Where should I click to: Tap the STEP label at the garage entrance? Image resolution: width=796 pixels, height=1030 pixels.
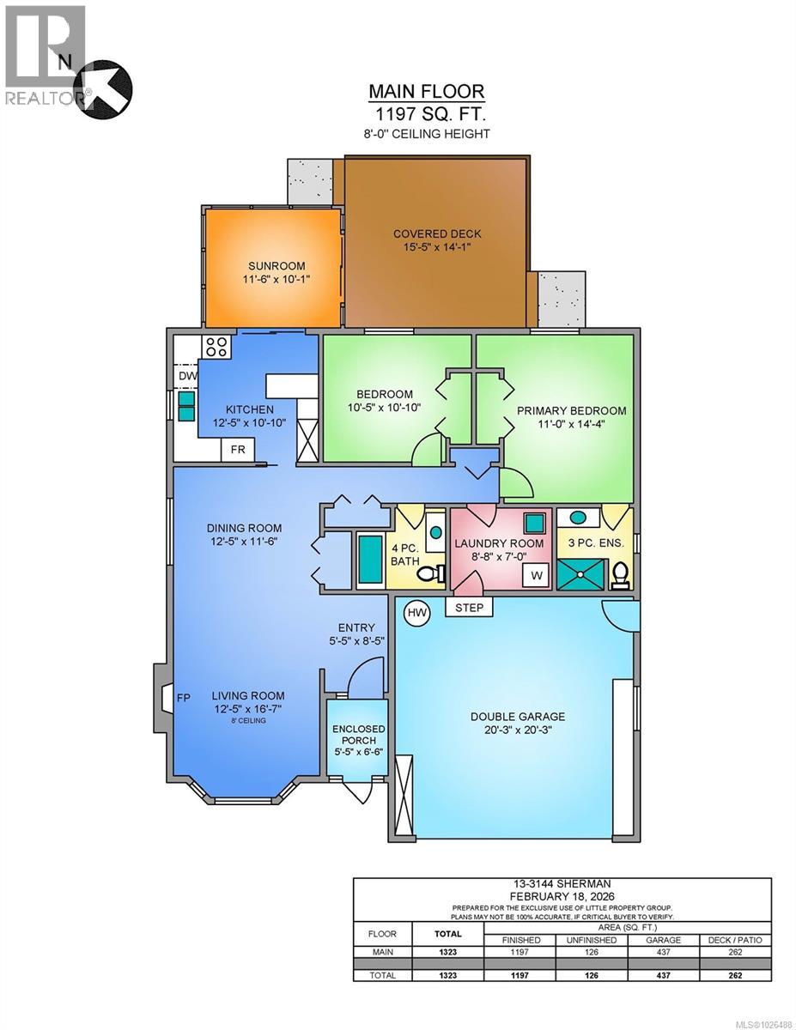click(x=469, y=608)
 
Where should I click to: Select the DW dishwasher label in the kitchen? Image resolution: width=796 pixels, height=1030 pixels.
click(x=188, y=376)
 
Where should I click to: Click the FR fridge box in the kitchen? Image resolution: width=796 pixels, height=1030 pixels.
click(x=238, y=449)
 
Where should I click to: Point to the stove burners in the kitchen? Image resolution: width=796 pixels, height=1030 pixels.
click(x=216, y=347)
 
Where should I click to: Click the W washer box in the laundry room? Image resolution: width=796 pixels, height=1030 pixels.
click(x=536, y=575)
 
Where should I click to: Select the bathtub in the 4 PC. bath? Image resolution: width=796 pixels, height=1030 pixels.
click(x=370, y=560)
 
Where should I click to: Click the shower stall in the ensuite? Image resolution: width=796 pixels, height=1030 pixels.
click(x=580, y=574)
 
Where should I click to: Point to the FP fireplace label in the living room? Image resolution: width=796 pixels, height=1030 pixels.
click(x=184, y=698)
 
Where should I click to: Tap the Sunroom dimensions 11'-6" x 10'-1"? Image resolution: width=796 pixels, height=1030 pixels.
click(x=276, y=279)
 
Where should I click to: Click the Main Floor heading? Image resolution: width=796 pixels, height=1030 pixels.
click(x=427, y=91)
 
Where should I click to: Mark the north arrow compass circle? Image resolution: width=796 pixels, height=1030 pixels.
click(x=103, y=89)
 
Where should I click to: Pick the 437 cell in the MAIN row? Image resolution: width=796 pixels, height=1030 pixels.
click(x=663, y=952)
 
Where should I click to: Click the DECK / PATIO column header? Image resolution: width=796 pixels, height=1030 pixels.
click(x=735, y=940)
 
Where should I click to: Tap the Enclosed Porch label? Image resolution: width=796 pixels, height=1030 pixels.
click(x=358, y=735)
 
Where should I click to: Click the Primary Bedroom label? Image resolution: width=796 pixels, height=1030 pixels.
click(x=571, y=410)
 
